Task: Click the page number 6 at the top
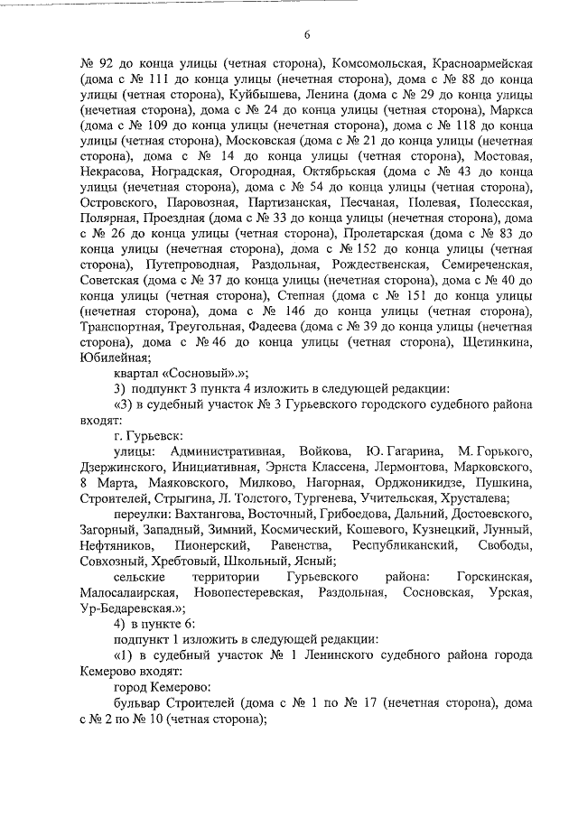pyautogui.click(x=306, y=35)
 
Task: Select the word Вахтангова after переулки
pyautogui.click(x=208, y=515)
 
